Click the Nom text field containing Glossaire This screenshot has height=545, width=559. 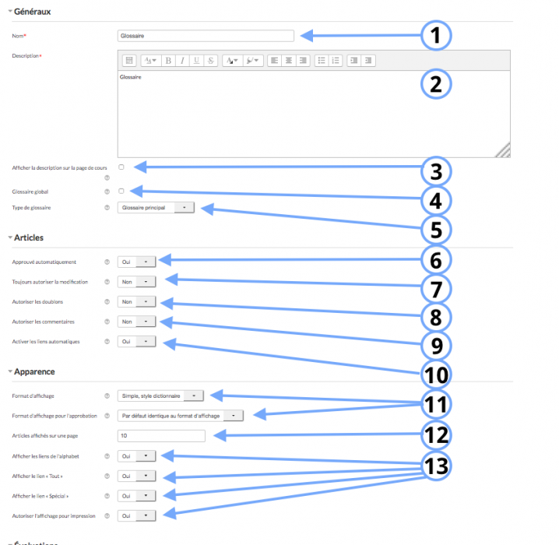click(206, 35)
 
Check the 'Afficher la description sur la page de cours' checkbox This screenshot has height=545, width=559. click(121, 167)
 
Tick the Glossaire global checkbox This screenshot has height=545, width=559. click(121, 191)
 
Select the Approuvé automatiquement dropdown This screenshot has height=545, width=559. click(137, 262)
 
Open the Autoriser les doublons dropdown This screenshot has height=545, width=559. click(137, 301)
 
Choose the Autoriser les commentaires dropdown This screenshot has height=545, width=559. click(137, 321)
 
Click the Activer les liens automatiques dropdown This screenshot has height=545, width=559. click(137, 341)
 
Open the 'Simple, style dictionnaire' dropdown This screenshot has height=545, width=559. click(161, 396)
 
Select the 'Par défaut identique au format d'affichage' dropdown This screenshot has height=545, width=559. click(181, 416)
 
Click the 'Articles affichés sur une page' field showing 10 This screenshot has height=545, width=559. click(161, 436)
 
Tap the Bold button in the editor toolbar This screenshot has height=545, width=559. click(168, 60)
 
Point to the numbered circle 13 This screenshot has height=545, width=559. click(437, 466)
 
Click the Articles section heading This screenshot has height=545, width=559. click(29, 237)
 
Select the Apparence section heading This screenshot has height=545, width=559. click(34, 372)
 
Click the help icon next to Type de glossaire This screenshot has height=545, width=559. click(107, 209)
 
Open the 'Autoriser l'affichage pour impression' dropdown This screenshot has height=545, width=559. click(137, 515)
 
